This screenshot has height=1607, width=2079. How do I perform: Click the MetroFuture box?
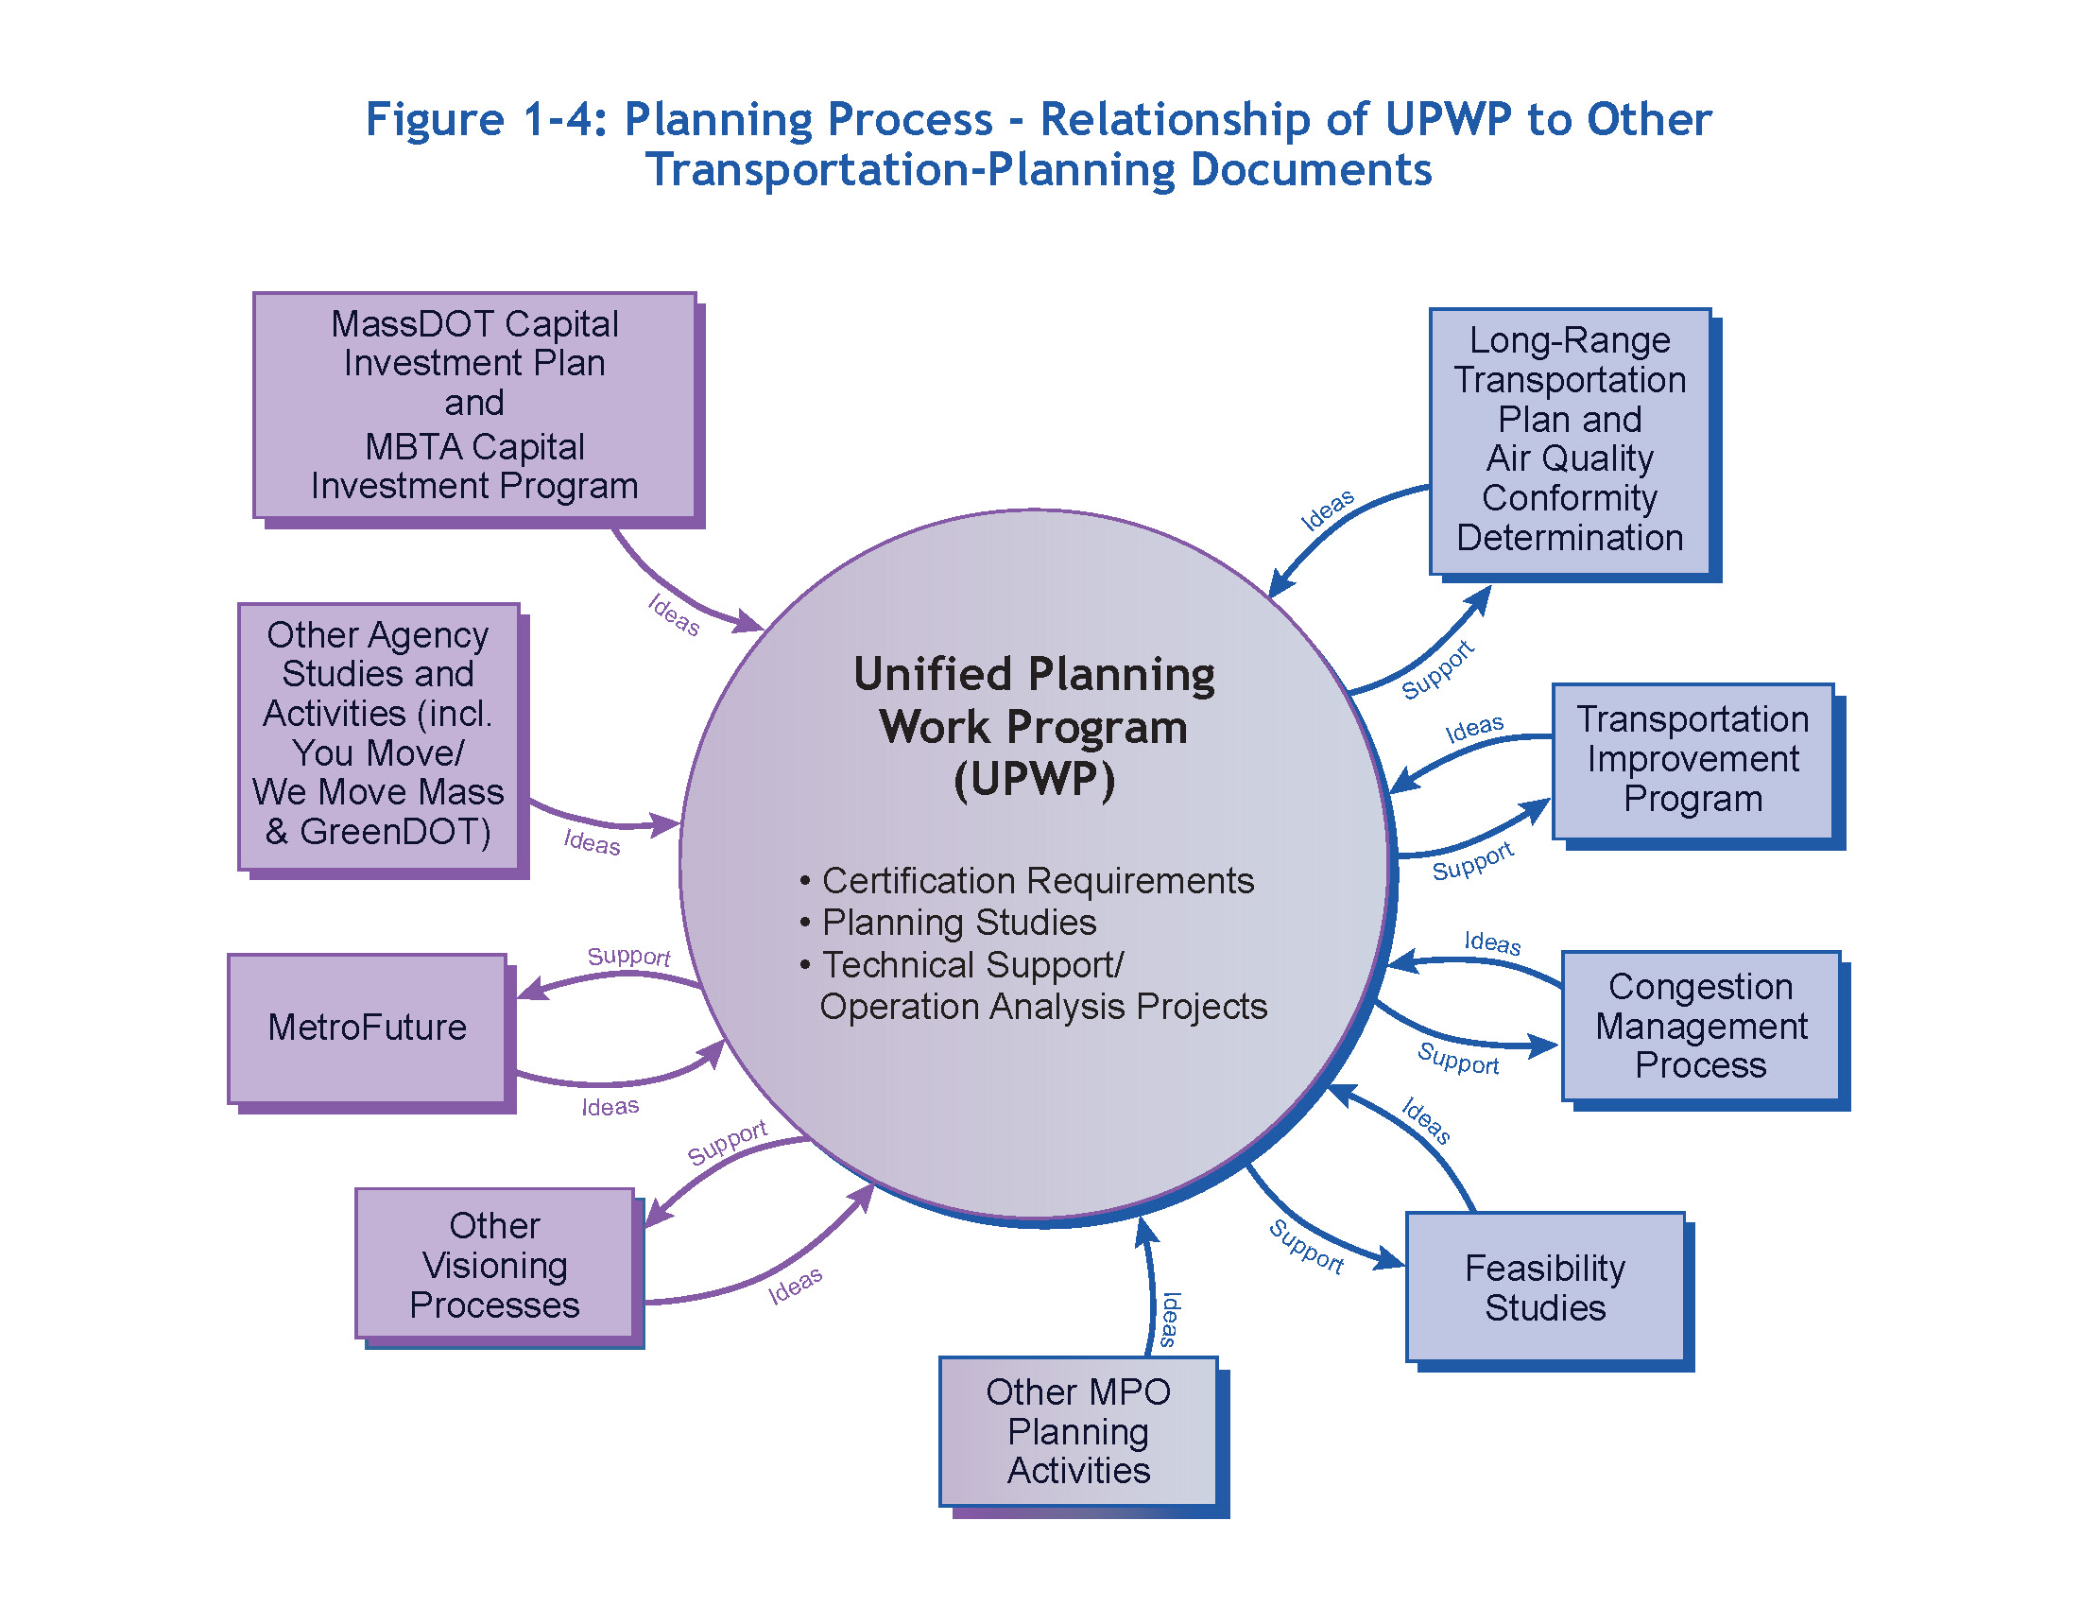(x=367, y=1028)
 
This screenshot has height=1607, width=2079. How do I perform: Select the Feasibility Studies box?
(x=1544, y=1287)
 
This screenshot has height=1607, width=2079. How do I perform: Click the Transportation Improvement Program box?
(x=1692, y=759)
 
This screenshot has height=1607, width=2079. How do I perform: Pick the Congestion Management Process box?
(x=1700, y=1026)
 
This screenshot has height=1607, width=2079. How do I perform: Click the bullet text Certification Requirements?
(x=1037, y=880)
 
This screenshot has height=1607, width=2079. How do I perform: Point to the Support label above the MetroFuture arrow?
(x=628, y=955)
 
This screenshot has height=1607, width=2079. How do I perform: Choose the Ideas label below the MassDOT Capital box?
(x=673, y=614)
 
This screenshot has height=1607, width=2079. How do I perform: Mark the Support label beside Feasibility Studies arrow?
(x=1305, y=1246)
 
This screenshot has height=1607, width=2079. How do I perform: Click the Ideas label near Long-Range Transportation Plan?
(x=1327, y=510)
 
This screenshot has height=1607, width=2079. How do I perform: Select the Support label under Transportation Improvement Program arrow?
(x=1471, y=861)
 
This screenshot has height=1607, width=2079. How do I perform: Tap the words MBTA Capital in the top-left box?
(x=474, y=446)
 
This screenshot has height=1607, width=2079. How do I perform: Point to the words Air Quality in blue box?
(x=1569, y=458)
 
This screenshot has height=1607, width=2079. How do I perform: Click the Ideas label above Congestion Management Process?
(x=1491, y=942)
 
